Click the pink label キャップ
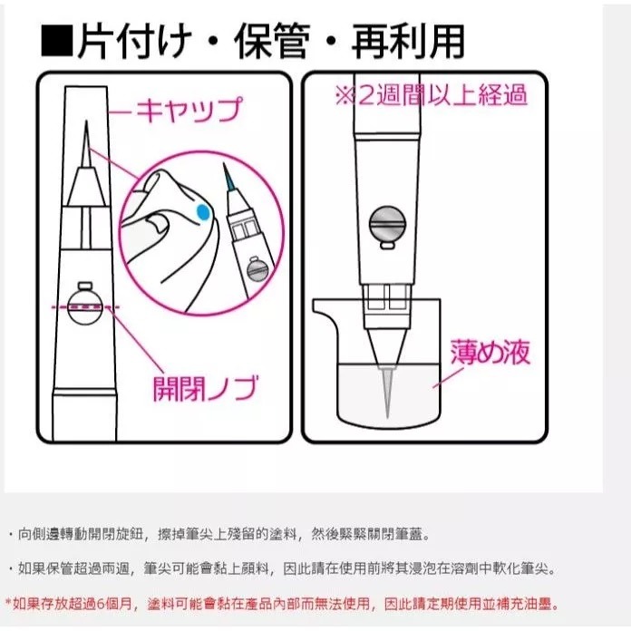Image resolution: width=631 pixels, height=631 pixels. pos(189,111)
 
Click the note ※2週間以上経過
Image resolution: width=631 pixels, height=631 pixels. pos(431,94)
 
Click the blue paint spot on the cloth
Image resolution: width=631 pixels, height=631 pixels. pos(203,212)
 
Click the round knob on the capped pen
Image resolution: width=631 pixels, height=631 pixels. pos(87,300)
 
